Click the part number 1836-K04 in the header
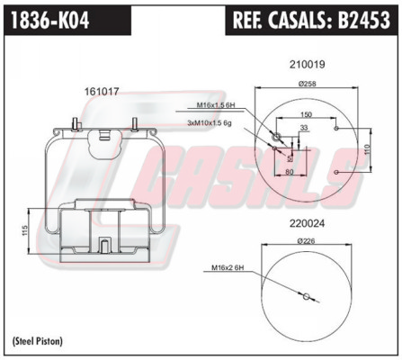pyautogui.click(x=50, y=20)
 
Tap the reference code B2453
pyautogui.click(x=364, y=20)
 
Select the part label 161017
pyautogui.click(x=102, y=91)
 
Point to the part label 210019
pyautogui.click(x=307, y=65)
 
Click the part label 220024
pyautogui.click(x=307, y=223)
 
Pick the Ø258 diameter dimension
pyautogui.click(x=307, y=84)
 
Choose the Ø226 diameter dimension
pyautogui.click(x=307, y=240)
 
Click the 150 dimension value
pyautogui.click(x=306, y=114)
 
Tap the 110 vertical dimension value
pyautogui.click(x=368, y=149)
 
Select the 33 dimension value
pyautogui.click(x=304, y=128)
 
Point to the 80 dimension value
pyautogui.click(x=290, y=172)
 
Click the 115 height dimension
pyautogui.click(x=25, y=230)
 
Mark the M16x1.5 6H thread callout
pyautogui.click(x=215, y=105)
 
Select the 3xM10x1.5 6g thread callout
pyautogui.click(x=210, y=122)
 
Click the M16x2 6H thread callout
pyautogui.click(x=228, y=267)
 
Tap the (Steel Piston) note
pyautogui.click(x=38, y=341)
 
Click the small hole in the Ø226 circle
pyautogui.click(x=306, y=297)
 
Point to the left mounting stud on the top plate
pyautogui.click(x=75, y=124)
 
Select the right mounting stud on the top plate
pyautogui.click(x=135, y=124)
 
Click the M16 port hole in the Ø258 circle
pyautogui.click(x=275, y=137)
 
